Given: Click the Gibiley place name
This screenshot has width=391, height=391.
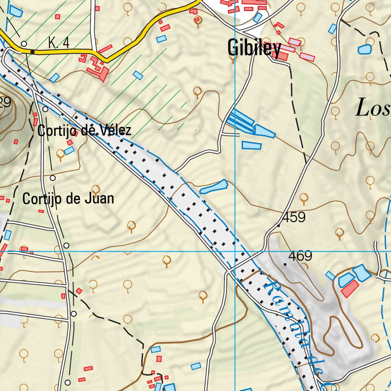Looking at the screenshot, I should click(254, 48).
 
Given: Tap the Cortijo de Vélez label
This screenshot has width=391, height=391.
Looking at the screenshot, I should click(84, 131).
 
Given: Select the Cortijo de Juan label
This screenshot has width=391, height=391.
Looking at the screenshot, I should click(68, 199).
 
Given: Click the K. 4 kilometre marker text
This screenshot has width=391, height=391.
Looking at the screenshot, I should click(59, 43).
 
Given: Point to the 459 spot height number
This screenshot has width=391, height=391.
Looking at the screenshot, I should click(294, 218).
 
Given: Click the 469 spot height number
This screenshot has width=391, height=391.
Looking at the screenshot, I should click(300, 256).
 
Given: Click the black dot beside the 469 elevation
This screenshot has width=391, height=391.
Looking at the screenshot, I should click(285, 264).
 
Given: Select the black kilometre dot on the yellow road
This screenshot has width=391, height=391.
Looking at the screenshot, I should click(32, 52).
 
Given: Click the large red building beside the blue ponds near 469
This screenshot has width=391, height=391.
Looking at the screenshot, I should click(350, 289).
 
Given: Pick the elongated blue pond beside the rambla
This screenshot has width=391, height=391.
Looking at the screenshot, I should click(214, 187).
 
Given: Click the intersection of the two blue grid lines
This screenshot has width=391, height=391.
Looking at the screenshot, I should click(235, 252).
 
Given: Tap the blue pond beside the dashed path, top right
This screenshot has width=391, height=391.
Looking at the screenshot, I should click(365, 49).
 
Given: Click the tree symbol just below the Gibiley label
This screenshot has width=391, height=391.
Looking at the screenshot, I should click(232, 58).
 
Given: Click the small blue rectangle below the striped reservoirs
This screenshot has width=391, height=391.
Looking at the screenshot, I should click(252, 145).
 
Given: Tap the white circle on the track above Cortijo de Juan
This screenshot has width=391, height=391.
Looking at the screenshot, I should click(53, 178).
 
